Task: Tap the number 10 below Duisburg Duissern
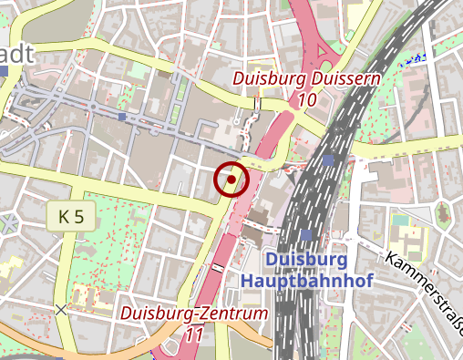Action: (x=307, y=98)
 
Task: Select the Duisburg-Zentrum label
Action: (x=196, y=314)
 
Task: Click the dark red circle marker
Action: (x=231, y=180)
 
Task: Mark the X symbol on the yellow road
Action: (x=61, y=311)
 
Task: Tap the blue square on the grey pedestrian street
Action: (x=122, y=117)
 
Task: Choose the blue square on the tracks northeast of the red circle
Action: (x=326, y=159)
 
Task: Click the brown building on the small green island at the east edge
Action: (x=444, y=215)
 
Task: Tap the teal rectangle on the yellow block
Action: (x=401, y=220)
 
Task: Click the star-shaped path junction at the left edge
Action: (x=8, y=223)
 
